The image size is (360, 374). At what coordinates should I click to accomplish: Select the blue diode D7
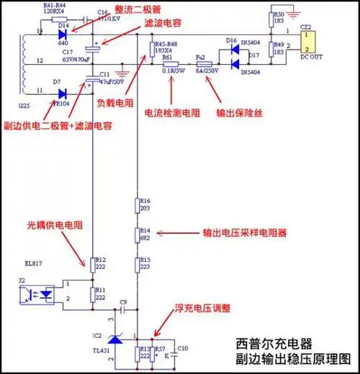point(63,93)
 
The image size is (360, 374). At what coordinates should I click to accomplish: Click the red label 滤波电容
point(163,24)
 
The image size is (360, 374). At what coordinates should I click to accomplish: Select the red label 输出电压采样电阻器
point(242,233)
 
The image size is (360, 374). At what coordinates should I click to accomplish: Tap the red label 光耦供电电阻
point(55,226)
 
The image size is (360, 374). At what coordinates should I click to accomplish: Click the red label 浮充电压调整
point(199,308)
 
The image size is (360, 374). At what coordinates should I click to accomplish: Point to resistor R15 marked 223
point(138,263)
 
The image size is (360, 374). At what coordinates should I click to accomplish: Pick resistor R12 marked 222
point(93,262)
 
